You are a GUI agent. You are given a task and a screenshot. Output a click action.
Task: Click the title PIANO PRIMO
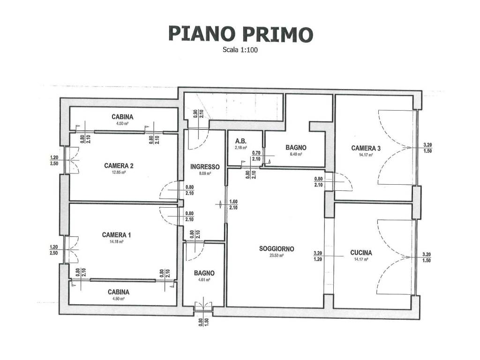pos(240,34)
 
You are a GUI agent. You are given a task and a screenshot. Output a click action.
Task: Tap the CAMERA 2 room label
pos(119,165)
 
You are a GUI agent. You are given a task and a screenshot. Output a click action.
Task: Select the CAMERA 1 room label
pos(116,235)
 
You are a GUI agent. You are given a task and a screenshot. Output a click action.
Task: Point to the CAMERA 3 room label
pos(366,148)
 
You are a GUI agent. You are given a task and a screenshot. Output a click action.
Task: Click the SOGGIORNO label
pos(277,249)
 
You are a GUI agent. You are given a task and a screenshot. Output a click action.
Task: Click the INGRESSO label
pos(205,166)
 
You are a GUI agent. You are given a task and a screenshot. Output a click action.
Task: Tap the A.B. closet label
pos(241,141)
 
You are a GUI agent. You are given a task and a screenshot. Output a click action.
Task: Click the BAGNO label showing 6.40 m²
pos(296,148)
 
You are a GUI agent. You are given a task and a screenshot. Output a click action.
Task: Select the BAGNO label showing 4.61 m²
pos(204,273)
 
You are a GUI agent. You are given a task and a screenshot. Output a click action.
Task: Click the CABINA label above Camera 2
pos(122,117)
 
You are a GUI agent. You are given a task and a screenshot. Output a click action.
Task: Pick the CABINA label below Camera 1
pos(118,292)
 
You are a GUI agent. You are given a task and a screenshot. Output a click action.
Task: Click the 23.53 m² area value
pos(277,255)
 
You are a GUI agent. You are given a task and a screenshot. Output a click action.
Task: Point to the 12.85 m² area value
pos(119,172)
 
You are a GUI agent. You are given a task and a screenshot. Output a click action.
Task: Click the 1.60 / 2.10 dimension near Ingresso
pos(233,204)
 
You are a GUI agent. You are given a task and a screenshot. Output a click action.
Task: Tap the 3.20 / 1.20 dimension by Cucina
pos(317,256)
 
